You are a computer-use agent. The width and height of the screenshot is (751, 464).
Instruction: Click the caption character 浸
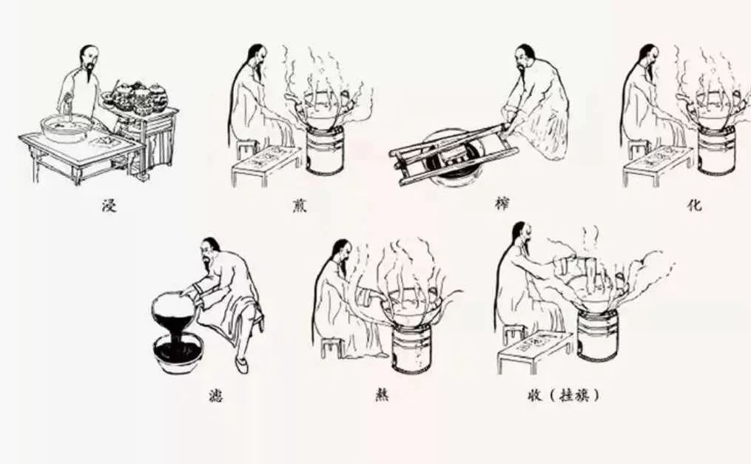click(110, 205)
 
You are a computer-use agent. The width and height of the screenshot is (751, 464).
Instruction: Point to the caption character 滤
click(214, 396)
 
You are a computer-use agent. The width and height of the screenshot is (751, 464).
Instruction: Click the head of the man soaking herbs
click(88, 58)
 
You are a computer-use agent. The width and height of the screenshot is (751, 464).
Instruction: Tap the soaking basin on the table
click(67, 127)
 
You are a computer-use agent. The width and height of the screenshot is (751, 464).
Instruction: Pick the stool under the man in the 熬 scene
click(331, 347)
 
